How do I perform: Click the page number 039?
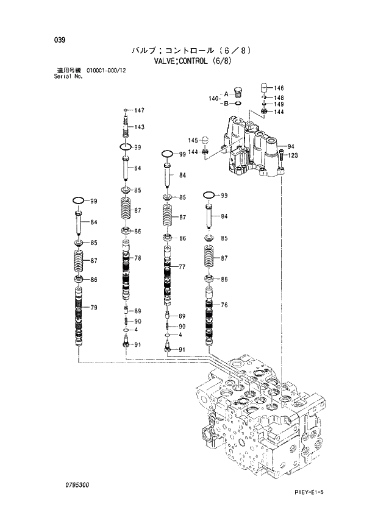coord(60,40)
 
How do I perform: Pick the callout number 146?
coord(279,88)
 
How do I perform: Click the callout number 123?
coord(293,155)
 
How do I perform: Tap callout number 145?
coord(194,140)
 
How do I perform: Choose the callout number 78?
coord(138,258)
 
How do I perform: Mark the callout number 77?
coord(182,268)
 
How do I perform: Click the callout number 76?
coord(224,305)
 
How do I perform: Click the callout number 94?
coord(291,146)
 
